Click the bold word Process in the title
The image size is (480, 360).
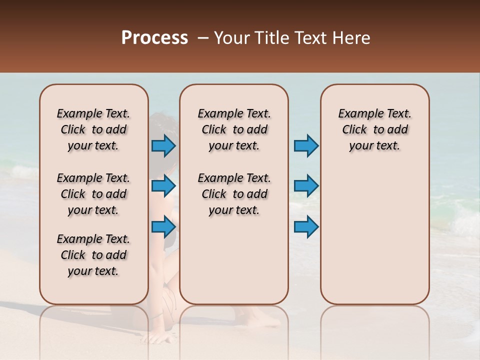[x=154, y=38]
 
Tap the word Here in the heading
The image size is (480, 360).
[x=352, y=38]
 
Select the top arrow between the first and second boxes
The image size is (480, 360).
[x=163, y=146]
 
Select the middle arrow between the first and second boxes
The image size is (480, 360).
[x=163, y=186]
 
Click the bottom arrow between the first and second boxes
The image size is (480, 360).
[x=163, y=227]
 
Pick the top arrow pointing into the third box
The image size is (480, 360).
[x=306, y=146]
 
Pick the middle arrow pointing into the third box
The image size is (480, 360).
[x=306, y=186]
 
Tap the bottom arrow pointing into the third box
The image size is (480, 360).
[x=306, y=227]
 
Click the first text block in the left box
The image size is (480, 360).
[x=93, y=129]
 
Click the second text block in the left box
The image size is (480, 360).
[x=93, y=194]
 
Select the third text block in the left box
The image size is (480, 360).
[x=93, y=255]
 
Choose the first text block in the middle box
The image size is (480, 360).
[x=234, y=129]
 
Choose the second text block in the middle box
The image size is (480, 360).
[x=234, y=194]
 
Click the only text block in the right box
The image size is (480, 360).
[x=374, y=129]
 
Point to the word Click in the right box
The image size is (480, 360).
[x=354, y=130]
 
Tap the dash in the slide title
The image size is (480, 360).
[x=202, y=38]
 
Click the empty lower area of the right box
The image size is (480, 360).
[x=374, y=235]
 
